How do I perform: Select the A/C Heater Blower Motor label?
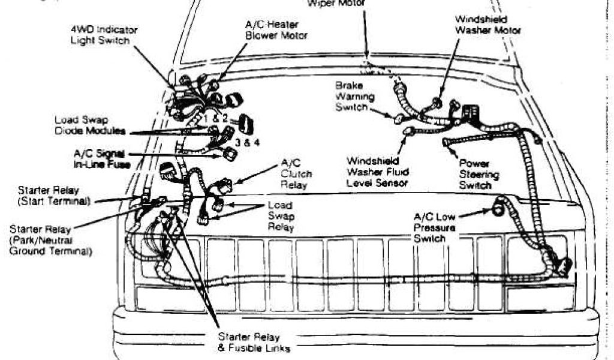click(x=276, y=31)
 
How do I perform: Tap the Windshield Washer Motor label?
click(x=487, y=25)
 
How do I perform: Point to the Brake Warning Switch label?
click(x=355, y=97)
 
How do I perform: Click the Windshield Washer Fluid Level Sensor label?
click(x=378, y=172)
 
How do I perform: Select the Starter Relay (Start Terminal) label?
click(x=54, y=196)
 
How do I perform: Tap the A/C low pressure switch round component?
click(x=498, y=209)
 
